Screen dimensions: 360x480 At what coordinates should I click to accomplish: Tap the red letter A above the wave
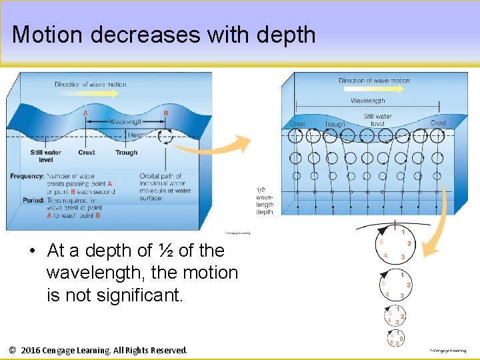(85, 113)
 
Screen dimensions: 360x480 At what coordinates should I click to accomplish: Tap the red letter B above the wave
(166, 113)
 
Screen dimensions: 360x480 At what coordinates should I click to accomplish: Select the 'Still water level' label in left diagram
(46, 156)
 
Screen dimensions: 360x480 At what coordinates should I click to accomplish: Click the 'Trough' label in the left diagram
(126, 153)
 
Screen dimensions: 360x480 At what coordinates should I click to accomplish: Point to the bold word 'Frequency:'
(27, 176)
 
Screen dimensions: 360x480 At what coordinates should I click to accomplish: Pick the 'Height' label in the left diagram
(138, 135)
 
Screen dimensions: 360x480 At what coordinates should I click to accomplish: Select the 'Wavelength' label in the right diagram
(367, 101)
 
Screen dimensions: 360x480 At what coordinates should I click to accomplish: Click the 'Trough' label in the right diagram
(335, 124)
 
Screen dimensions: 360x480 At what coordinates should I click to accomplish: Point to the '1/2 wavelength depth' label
(265, 201)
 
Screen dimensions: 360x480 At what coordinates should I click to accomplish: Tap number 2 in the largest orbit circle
(409, 244)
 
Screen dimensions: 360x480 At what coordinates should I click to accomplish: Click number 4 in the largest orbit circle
(386, 255)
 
